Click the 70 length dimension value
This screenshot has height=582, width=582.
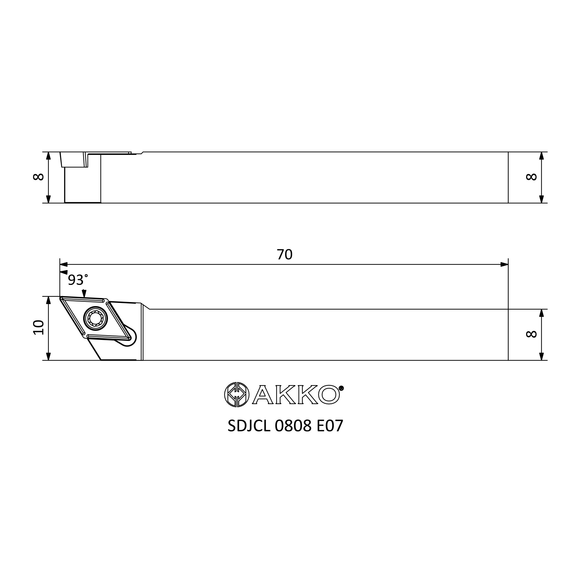tap(285, 255)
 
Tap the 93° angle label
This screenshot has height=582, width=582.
tap(78, 280)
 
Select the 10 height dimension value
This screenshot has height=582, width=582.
tap(39, 327)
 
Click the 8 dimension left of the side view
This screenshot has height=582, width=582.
tap(39, 177)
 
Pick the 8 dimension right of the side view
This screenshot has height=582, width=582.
tap(531, 177)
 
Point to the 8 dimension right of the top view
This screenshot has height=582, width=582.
tap(531, 334)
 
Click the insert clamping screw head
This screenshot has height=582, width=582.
tap(95, 318)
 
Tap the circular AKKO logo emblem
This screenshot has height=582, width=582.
tap(237, 395)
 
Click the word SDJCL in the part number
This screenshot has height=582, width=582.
tap(249, 426)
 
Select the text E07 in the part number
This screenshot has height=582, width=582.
tap(330, 426)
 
